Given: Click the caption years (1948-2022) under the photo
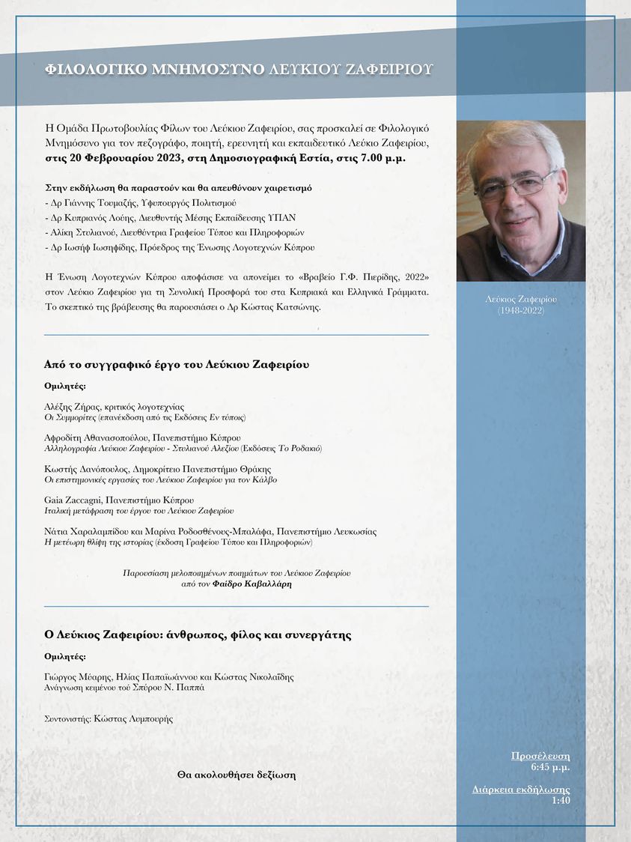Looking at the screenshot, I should pos(521,310).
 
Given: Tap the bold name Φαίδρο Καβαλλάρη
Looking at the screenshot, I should pos(253,582).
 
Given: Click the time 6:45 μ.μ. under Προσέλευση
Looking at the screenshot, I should pos(550,767).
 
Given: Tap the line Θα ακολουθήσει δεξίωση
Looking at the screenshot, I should pos(236,775).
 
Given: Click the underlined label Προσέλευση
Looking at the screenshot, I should pos(540,756).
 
